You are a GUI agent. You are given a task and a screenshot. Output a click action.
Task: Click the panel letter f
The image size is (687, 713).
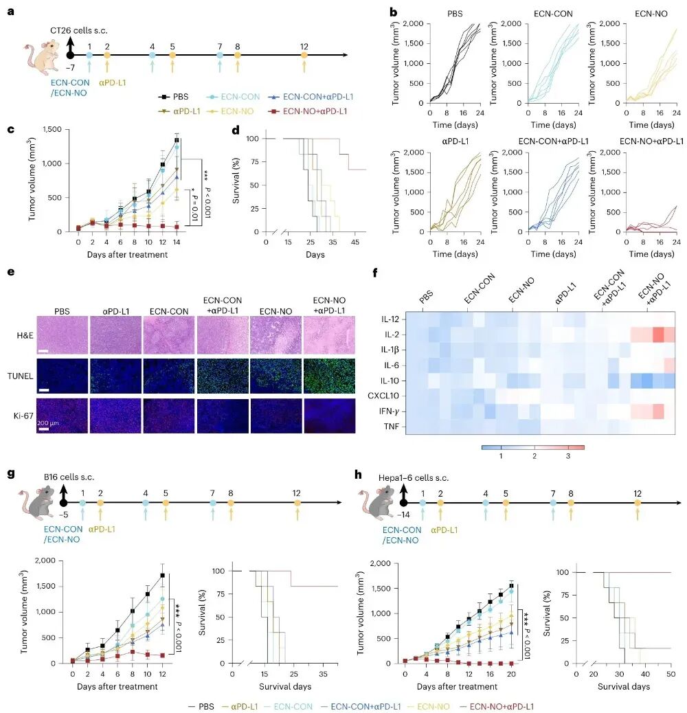374,273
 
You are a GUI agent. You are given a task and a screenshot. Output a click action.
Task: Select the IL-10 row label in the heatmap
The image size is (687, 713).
390,381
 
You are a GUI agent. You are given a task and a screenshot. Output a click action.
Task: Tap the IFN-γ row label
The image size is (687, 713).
390,411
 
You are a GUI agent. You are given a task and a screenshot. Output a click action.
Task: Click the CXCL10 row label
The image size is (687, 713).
383,396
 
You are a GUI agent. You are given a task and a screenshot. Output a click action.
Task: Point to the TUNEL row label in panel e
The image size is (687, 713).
20,376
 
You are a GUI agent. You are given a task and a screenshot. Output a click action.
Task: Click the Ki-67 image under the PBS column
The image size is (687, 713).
62,416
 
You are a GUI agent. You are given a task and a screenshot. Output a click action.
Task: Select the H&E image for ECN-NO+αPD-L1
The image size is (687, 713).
329,336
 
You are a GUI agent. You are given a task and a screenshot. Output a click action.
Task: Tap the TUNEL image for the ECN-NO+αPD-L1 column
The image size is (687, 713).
329,376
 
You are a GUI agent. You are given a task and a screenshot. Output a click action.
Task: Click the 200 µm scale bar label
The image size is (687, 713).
47,423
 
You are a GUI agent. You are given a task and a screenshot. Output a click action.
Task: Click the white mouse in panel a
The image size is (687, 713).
42,57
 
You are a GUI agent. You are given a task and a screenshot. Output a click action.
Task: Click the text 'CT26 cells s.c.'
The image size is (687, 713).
78,30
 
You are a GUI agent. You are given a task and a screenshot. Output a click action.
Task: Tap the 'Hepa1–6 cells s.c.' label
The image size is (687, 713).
414,478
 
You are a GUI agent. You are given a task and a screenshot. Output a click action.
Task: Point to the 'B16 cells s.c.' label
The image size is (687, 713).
69,477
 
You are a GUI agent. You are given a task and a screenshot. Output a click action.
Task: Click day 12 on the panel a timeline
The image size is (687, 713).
304,55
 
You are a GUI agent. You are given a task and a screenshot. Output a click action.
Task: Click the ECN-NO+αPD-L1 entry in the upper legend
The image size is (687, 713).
308,111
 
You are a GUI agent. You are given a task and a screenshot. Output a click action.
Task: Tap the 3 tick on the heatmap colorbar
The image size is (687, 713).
568,455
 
